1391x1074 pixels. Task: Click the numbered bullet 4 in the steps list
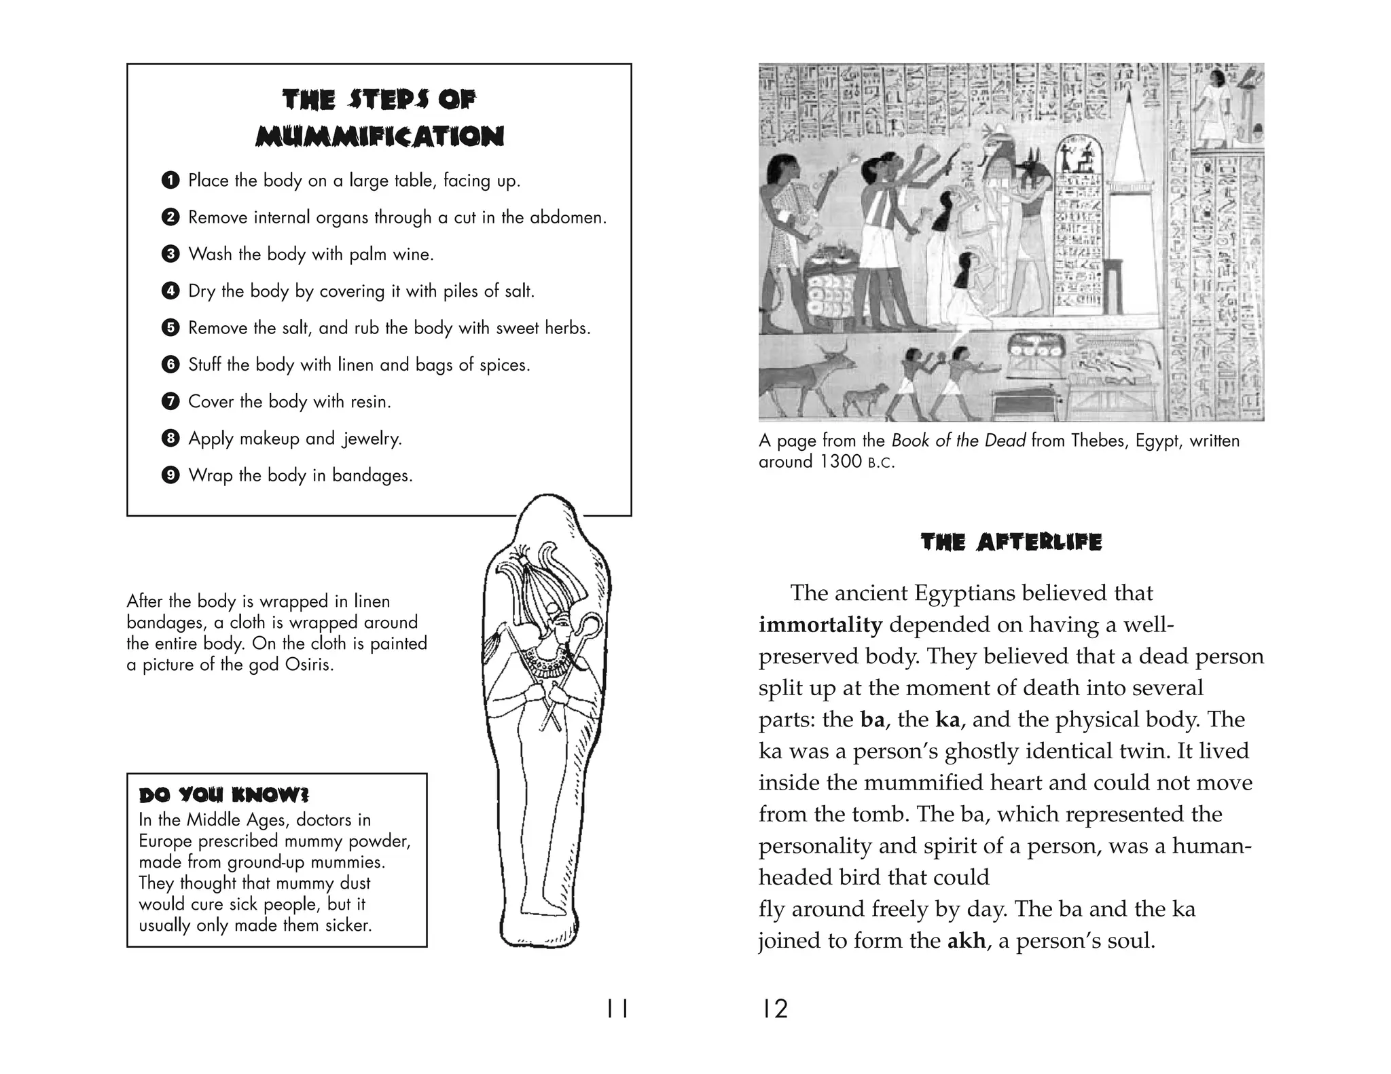(x=170, y=291)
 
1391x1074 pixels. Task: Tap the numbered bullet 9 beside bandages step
(x=170, y=475)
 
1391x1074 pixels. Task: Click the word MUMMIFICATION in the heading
(x=380, y=136)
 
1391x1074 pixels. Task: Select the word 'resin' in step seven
(x=369, y=402)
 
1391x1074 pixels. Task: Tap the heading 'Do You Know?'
(x=224, y=795)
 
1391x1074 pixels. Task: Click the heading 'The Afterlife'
(x=1011, y=542)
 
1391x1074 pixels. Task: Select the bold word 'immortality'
(x=820, y=625)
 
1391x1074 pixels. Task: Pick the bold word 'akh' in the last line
(x=966, y=941)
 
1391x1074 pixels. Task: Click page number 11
(x=617, y=1010)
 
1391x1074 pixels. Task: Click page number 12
(x=774, y=1010)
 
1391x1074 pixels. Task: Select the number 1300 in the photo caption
(x=842, y=462)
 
